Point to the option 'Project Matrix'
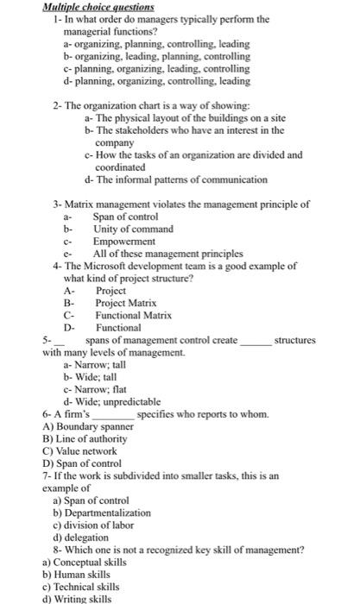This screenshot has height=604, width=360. coord(126,304)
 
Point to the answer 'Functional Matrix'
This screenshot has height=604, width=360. coord(132,316)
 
